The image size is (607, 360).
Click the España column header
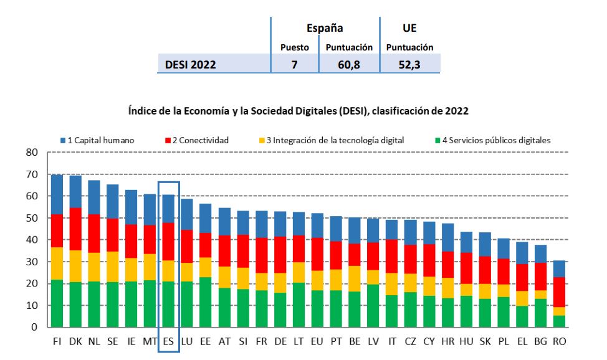[x=325, y=28]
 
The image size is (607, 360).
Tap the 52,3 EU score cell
[x=409, y=64]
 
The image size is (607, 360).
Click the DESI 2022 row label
[x=191, y=64]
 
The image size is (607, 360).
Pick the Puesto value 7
[x=294, y=64]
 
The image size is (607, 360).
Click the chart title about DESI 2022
[x=298, y=110]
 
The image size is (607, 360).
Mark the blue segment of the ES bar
[x=168, y=208]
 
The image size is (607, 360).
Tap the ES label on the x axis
[x=168, y=341]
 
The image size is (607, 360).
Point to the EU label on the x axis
[x=317, y=341]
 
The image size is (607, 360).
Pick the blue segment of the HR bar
[x=448, y=237]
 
